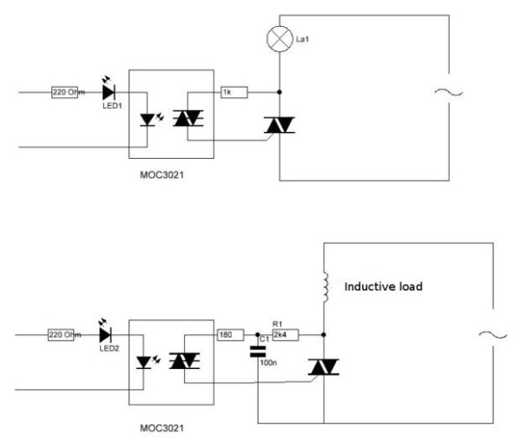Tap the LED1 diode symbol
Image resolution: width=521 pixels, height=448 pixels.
(x=108, y=90)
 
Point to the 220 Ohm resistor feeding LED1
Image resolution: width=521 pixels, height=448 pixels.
(x=65, y=91)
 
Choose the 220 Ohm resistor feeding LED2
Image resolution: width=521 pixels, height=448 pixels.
(x=65, y=334)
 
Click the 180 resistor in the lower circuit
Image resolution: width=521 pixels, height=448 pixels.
(x=225, y=333)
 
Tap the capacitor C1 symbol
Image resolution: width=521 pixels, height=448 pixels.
(x=258, y=352)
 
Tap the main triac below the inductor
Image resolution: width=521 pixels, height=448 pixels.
(x=323, y=366)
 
